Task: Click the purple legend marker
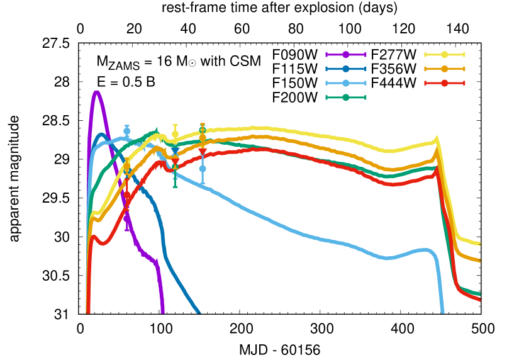345,55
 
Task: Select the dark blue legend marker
345,69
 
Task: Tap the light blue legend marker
345,83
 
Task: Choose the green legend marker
345,98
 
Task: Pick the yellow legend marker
444,55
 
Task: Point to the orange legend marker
444,69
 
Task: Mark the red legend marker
444,83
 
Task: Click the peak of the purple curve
96,92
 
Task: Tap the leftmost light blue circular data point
127,131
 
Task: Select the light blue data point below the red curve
203,169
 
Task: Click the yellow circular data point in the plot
175,134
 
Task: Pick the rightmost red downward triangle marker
203,152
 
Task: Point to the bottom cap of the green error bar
175,186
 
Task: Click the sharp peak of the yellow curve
436,138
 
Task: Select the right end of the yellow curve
480,244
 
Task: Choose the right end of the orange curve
480,261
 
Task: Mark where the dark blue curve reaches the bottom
199,312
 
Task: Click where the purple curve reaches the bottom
163,312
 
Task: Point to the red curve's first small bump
94,236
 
